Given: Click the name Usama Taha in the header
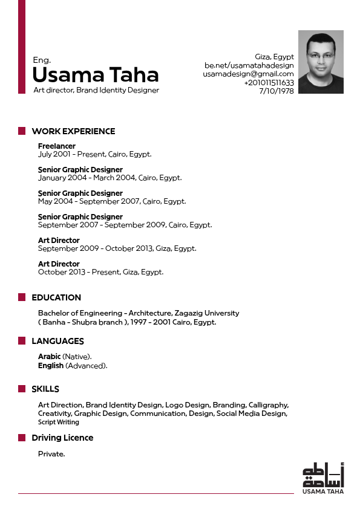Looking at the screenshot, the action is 95,75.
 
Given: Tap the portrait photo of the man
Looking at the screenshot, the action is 321,62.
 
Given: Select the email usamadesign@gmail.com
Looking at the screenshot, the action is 248,74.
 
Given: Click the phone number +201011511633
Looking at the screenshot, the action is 269,83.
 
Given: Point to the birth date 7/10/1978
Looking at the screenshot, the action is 277,91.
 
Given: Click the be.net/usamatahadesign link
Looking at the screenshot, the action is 249,65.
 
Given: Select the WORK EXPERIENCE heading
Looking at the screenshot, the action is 73,131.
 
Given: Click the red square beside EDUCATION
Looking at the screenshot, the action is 21,297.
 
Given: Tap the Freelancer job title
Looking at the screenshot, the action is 57,146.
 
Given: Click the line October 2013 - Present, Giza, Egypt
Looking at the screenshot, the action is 100,272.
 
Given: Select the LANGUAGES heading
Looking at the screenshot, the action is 57,342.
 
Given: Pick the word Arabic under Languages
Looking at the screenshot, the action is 49,357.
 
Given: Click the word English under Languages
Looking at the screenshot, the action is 51,366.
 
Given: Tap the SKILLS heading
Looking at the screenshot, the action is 45,389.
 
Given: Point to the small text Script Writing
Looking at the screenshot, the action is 59,422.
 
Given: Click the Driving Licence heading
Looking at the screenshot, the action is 62,438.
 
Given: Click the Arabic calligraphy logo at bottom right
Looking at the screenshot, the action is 323,475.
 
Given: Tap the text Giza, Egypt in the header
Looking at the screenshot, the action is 274,57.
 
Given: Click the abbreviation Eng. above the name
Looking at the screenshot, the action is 42,60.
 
